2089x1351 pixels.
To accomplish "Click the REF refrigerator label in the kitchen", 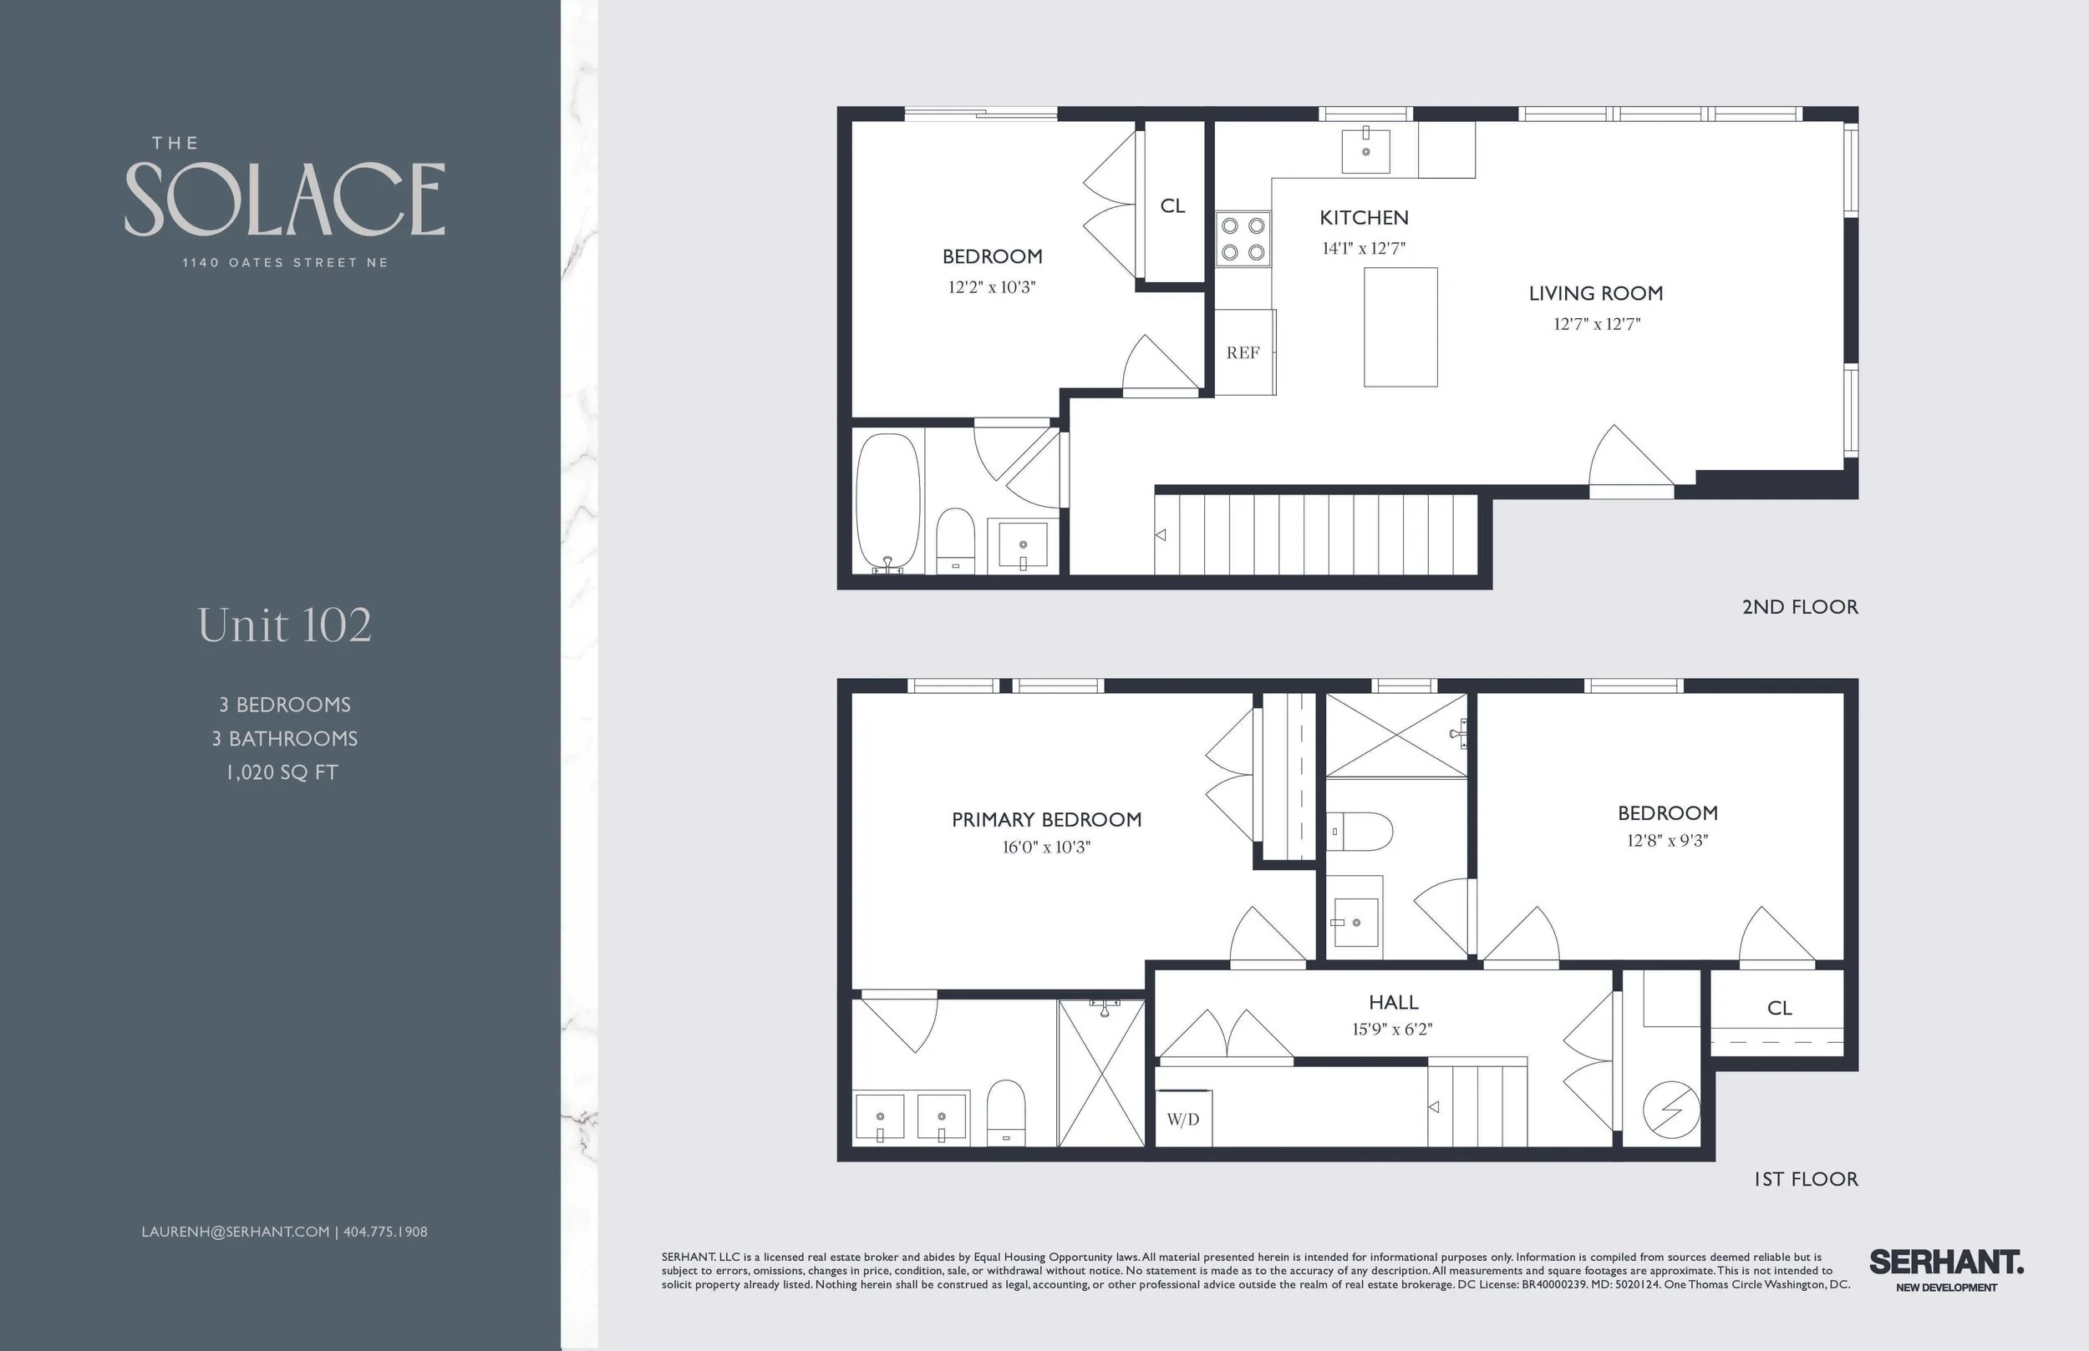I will [1242, 352].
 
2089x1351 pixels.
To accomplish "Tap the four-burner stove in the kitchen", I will [1243, 239].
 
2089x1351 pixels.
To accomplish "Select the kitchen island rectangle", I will [1400, 327].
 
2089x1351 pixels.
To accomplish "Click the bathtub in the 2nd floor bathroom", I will [887, 503].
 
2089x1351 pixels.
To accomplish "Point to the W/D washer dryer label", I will [1182, 1120].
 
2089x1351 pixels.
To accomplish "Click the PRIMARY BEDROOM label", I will [1046, 819].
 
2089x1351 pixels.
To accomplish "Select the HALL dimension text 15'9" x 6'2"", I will [1392, 1029].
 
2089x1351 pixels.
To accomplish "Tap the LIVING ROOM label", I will [1595, 293].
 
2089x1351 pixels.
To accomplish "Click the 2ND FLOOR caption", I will [1799, 607].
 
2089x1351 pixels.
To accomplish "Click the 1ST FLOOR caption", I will [1806, 1179].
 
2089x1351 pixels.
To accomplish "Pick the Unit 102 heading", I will [284, 625].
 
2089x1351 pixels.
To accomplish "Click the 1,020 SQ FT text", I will [282, 773].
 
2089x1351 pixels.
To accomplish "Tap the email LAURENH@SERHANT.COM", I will [236, 1232].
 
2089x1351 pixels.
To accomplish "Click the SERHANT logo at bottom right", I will [1946, 1263].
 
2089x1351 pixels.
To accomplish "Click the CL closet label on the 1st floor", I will [1779, 1008].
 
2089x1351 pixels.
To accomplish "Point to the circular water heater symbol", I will [1670, 1111].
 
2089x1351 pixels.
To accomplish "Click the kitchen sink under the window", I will [1365, 151].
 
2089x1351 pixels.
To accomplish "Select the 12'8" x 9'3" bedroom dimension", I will [1667, 841].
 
